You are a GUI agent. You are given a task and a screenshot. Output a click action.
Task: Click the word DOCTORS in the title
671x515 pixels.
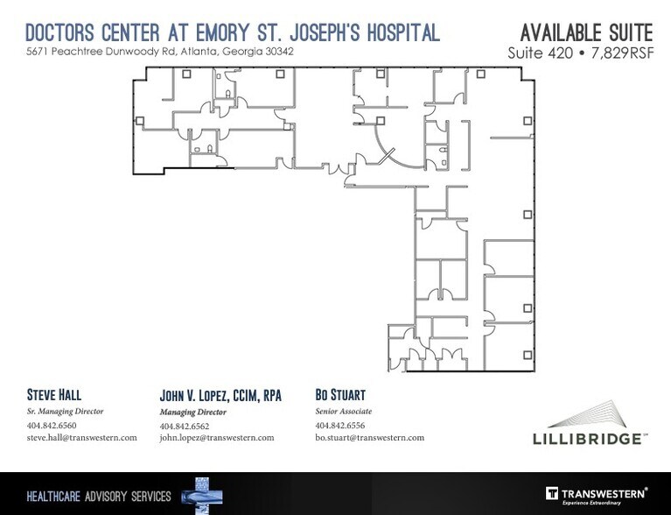coord(64,33)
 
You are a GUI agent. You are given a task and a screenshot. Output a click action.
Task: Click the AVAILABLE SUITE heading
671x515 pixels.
coord(586,33)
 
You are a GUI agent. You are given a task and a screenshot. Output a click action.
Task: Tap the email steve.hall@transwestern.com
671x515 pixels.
coord(81,437)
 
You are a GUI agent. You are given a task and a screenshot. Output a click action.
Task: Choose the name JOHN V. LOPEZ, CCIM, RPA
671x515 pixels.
coord(220,395)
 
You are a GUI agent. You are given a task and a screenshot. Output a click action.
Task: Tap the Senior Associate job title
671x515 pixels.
coord(343,411)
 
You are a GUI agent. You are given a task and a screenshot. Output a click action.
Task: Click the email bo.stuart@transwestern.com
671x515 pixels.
coord(369,437)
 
